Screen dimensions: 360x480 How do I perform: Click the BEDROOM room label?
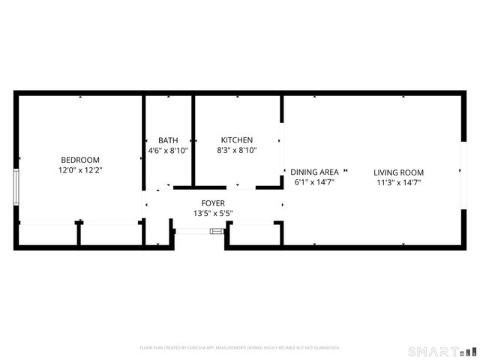coord(80,160)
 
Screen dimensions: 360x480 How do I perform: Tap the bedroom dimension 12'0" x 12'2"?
coord(80,170)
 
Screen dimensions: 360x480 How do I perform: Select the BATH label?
coord(168,140)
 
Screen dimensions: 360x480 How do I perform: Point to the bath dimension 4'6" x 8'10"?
coord(168,151)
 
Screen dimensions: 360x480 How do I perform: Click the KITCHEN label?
coord(236,140)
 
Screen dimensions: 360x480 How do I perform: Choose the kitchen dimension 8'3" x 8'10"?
coord(236,151)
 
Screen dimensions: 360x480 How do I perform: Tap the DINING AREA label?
coord(314,172)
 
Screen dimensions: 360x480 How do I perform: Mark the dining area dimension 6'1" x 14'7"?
coord(314,181)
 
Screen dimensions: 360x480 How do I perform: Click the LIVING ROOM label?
coord(399,172)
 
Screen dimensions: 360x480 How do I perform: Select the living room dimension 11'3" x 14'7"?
coord(399,181)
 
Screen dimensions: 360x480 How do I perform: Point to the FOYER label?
coord(213,203)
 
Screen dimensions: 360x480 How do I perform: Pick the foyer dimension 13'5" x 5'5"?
coord(213,213)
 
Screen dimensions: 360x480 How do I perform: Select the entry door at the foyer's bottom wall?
coord(199,232)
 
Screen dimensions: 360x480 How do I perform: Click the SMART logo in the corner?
coord(442,351)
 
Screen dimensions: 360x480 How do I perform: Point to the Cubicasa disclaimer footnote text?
coord(240,348)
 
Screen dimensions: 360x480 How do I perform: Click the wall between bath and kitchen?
coord(193,139)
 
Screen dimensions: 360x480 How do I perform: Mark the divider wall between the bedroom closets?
coord(78,234)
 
